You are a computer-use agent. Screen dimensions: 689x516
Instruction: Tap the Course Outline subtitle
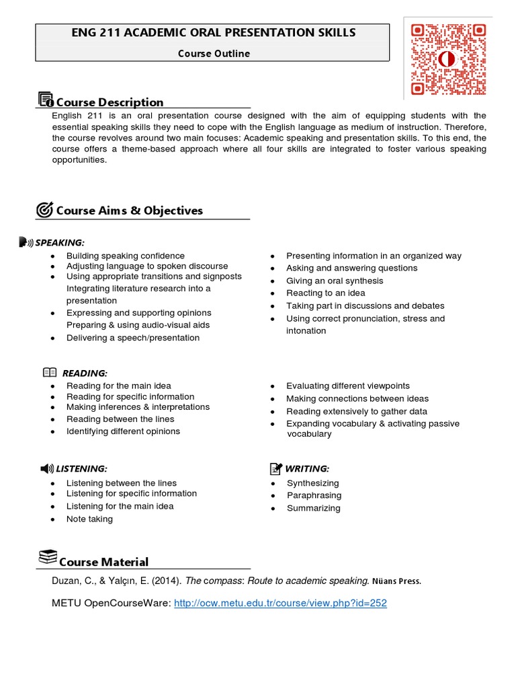coord(213,54)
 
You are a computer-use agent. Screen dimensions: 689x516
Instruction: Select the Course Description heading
coord(110,102)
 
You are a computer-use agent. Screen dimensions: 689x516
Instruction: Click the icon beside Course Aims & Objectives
coord(44,210)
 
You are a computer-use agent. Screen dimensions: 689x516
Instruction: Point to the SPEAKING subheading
coord(60,242)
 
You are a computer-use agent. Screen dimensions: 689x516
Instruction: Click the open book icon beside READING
coord(50,373)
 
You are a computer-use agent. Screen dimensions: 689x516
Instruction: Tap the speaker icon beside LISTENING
coord(46,468)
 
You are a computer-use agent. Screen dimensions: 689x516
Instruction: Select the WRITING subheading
coord(307,468)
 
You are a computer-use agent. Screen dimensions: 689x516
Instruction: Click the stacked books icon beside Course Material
coord(47,557)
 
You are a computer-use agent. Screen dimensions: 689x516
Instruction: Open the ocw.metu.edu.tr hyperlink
coord(280,604)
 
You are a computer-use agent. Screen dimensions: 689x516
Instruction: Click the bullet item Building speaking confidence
coord(125,256)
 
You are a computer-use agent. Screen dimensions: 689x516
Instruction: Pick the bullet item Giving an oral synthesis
coord(335,281)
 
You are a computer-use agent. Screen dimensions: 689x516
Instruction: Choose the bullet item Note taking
coord(89,519)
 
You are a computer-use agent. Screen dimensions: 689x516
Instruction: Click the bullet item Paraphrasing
coord(314,495)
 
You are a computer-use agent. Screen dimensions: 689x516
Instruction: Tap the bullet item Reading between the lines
coord(120,419)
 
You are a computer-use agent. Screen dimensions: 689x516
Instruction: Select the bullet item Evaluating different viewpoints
coord(347,386)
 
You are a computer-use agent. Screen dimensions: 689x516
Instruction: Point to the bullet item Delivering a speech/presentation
coord(132,338)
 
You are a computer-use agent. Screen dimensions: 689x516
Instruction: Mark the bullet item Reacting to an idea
coord(325,293)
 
